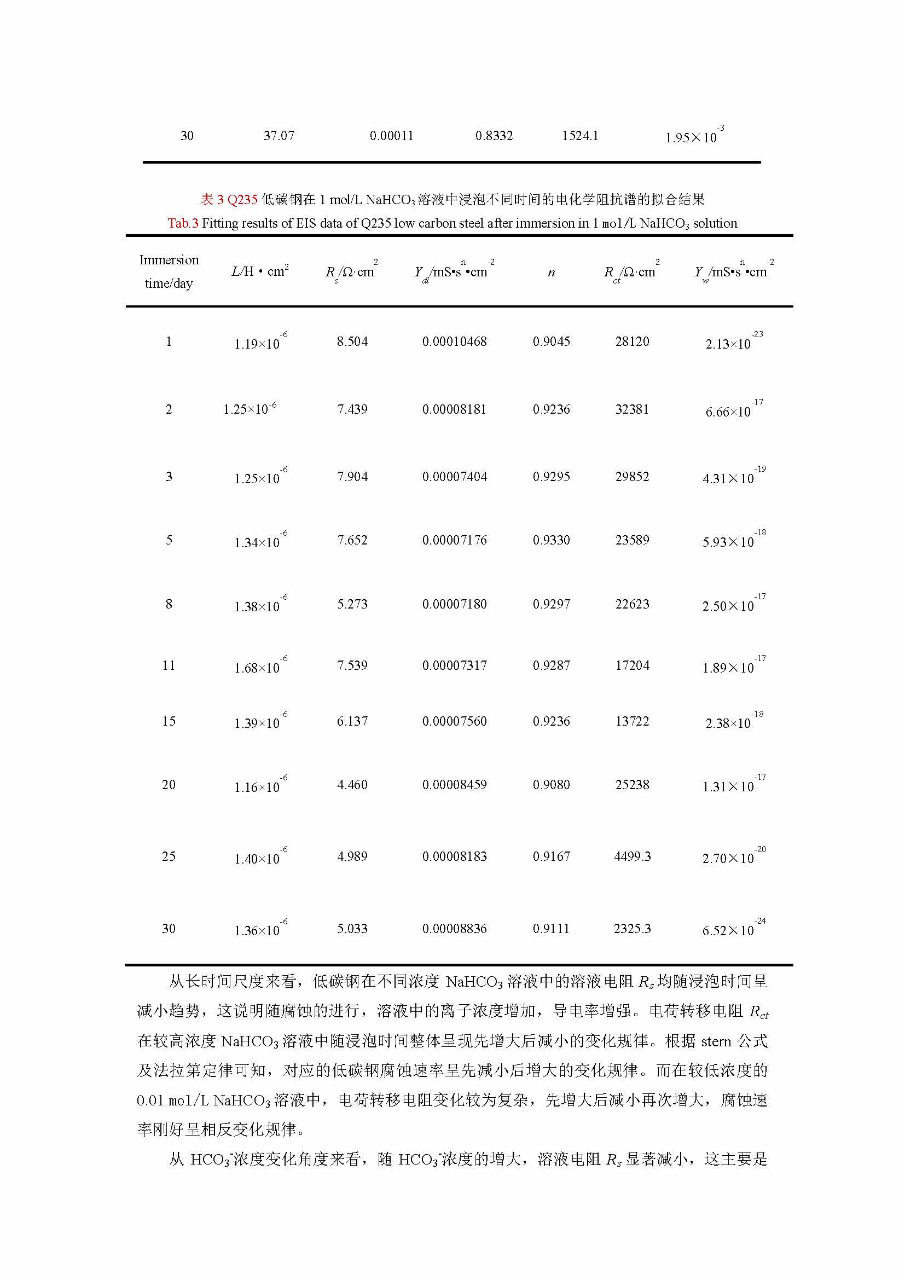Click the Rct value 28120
pyautogui.click(x=632, y=341)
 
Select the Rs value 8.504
pyautogui.click(x=352, y=341)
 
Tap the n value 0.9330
pyautogui.click(x=551, y=540)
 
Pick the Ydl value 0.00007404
pyautogui.click(x=454, y=477)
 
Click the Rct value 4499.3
pyautogui.click(x=632, y=856)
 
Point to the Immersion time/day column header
pyautogui.click(x=169, y=271)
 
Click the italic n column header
pyautogui.click(x=551, y=273)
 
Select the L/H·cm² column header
pyautogui.click(x=260, y=271)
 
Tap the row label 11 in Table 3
pyautogui.click(x=169, y=665)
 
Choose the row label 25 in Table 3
pyautogui.click(x=169, y=856)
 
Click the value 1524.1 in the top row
pyautogui.click(x=579, y=136)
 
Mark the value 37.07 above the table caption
pyautogui.click(x=279, y=136)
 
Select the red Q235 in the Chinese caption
pyautogui.click(x=242, y=200)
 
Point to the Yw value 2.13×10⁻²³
pyautogui.click(x=732, y=341)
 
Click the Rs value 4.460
pyautogui.click(x=352, y=785)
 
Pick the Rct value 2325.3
pyautogui.click(x=632, y=928)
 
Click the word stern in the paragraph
pyautogui.click(x=716, y=1041)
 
